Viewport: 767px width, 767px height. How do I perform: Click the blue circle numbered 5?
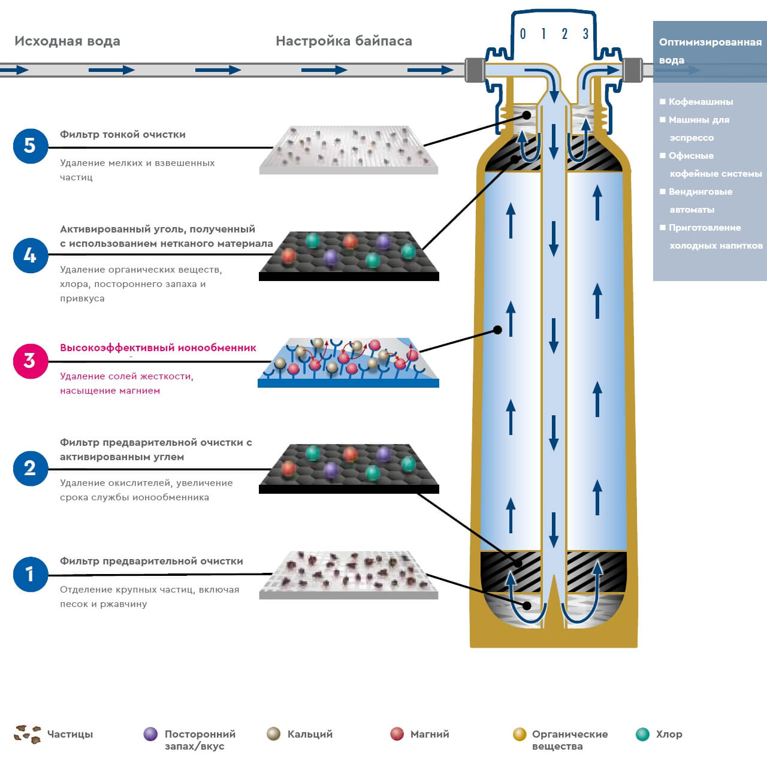click(x=31, y=146)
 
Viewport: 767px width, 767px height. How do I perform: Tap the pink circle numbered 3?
click(x=31, y=361)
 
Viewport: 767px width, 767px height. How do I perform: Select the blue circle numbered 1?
click(x=31, y=574)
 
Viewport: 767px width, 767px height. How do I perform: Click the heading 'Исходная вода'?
click(x=67, y=41)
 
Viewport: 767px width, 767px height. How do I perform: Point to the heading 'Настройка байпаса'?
click(x=343, y=41)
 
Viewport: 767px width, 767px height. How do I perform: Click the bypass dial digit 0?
click(x=523, y=34)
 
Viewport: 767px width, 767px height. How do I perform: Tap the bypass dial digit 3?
click(x=585, y=34)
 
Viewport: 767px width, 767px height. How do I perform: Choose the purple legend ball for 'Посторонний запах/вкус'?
click(x=151, y=734)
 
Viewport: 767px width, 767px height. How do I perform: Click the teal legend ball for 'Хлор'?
click(x=643, y=734)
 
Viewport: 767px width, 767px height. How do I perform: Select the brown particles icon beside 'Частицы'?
click(x=28, y=734)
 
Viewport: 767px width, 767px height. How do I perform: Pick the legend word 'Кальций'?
click(x=310, y=734)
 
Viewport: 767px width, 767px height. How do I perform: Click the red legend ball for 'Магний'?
click(x=397, y=734)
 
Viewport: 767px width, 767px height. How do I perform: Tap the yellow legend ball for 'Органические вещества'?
click(x=520, y=734)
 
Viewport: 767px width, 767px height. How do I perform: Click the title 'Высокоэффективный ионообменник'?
click(x=158, y=348)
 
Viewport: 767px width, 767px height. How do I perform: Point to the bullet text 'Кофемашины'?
click(x=700, y=102)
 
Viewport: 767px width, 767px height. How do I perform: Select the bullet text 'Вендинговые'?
click(x=700, y=192)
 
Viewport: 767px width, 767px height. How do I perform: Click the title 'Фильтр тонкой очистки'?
click(x=123, y=135)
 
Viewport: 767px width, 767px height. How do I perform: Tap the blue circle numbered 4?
click(x=31, y=255)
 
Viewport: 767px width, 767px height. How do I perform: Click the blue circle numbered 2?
click(x=31, y=468)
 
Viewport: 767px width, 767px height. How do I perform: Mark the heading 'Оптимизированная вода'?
click(x=710, y=50)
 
